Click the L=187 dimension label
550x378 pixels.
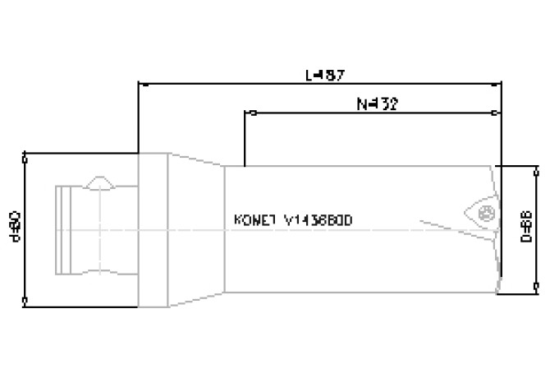pos(324,75)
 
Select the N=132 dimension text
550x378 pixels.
pos(377,104)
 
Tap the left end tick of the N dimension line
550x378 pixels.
pos(245,113)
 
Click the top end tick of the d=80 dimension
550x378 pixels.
pos(26,154)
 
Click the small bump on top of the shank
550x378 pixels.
pos(101,181)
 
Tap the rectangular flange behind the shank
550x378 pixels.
pos(154,228)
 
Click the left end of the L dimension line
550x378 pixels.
pos(139,83)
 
